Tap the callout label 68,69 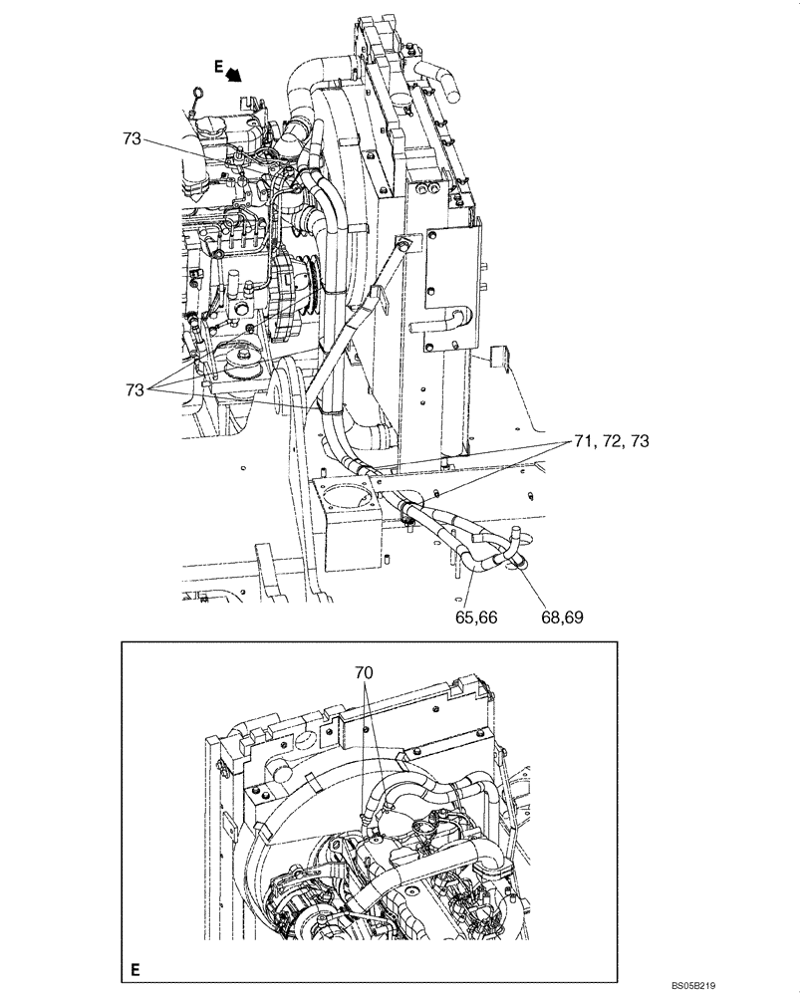coord(561,617)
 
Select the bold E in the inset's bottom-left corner coord(133,967)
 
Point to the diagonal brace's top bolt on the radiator coord(404,242)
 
